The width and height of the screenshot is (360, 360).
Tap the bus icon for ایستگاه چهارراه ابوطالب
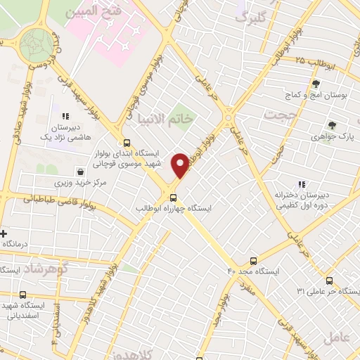click(174, 197)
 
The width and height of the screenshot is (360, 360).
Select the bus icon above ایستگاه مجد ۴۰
click(253, 259)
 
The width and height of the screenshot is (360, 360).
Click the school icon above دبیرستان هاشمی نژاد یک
click(65, 116)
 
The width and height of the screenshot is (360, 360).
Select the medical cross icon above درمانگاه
click(4, 233)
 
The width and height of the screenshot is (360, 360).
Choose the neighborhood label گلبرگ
click(252, 18)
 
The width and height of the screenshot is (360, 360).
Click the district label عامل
click(337, 337)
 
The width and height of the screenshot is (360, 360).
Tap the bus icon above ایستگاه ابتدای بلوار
click(127, 140)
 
